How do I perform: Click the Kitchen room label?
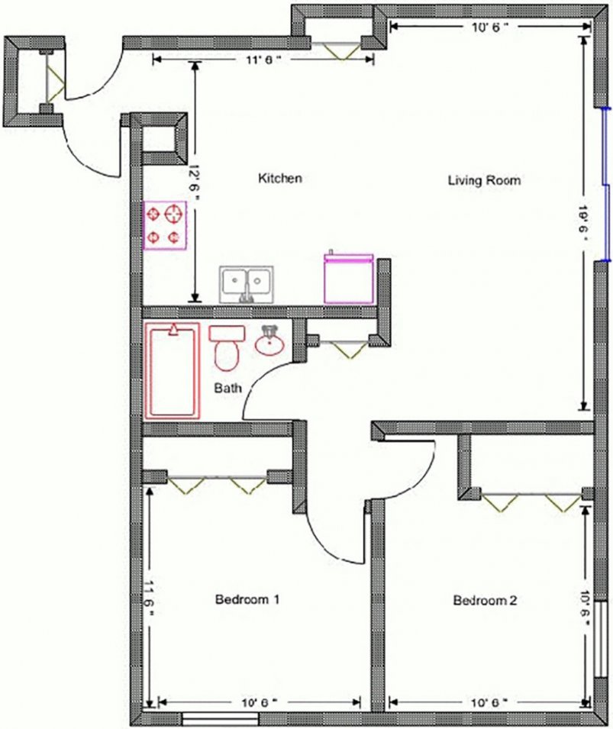pyautogui.click(x=280, y=179)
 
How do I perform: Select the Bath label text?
pyautogui.click(x=227, y=389)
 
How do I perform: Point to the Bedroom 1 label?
pyautogui.click(x=247, y=600)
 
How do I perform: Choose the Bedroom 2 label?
pyautogui.click(x=486, y=601)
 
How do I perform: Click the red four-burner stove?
pyautogui.click(x=165, y=225)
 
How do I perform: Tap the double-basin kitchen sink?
pyautogui.click(x=247, y=284)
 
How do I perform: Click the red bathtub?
pyautogui.click(x=173, y=371)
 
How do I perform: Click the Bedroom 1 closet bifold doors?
pyautogui.click(x=217, y=483)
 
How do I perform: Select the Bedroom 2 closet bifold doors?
pyautogui.click(x=530, y=501)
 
